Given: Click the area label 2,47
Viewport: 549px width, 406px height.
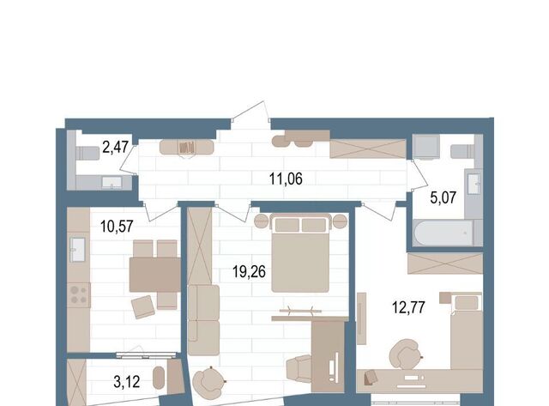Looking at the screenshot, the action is (x=115, y=147).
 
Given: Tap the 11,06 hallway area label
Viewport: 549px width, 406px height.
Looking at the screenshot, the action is (x=286, y=179).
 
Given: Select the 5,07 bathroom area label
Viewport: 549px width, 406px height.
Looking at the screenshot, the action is (x=443, y=198).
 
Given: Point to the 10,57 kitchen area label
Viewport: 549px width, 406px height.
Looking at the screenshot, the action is (x=117, y=227).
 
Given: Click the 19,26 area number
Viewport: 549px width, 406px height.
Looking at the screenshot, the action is (x=250, y=271).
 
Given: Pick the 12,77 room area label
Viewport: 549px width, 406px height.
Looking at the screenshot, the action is (x=408, y=307).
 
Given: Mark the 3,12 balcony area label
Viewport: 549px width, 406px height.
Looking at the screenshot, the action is (x=127, y=382).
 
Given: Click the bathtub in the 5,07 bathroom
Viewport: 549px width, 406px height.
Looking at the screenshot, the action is (x=443, y=233).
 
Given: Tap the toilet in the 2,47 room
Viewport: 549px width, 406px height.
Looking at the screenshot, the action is (x=87, y=153).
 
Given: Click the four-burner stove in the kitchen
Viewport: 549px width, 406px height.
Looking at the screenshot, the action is (x=78, y=295).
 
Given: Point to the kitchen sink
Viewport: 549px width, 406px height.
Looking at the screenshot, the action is (x=77, y=250).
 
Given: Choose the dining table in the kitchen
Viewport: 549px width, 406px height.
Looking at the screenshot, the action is (x=154, y=275).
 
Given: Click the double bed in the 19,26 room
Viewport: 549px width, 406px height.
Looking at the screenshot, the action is (x=300, y=253).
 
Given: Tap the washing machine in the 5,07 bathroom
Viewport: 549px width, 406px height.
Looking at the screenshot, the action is (x=425, y=147).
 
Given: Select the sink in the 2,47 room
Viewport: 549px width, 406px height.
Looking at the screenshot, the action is (x=112, y=183).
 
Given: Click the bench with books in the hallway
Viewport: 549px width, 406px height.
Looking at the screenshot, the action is (x=187, y=148).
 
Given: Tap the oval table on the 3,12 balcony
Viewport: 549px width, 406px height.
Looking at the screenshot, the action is (x=159, y=378).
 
